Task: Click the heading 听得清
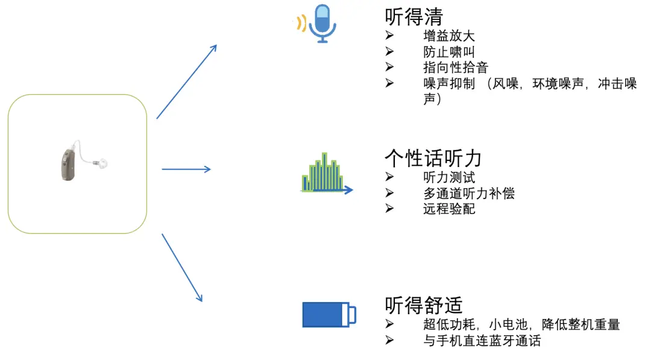tap(414, 17)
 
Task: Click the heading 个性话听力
tap(433, 158)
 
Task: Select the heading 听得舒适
tap(424, 305)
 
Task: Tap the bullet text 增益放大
tap(449, 36)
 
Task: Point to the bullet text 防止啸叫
tap(449, 52)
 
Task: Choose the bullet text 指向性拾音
tap(456, 68)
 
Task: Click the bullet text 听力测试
tap(449, 177)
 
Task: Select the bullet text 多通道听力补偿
tap(469, 193)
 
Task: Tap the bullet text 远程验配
tap(449, 209)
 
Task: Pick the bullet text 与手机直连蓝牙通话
tap(482, 341)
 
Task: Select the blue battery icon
tap(329, 314)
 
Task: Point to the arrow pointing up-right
tap(186, 81)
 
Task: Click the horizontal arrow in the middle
tap(186, 169)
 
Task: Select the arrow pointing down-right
tap(182, 268)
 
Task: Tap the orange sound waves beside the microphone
tap(300, 24)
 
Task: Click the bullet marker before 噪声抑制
tap(389, 83)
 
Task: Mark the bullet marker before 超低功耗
tap(389, 325)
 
